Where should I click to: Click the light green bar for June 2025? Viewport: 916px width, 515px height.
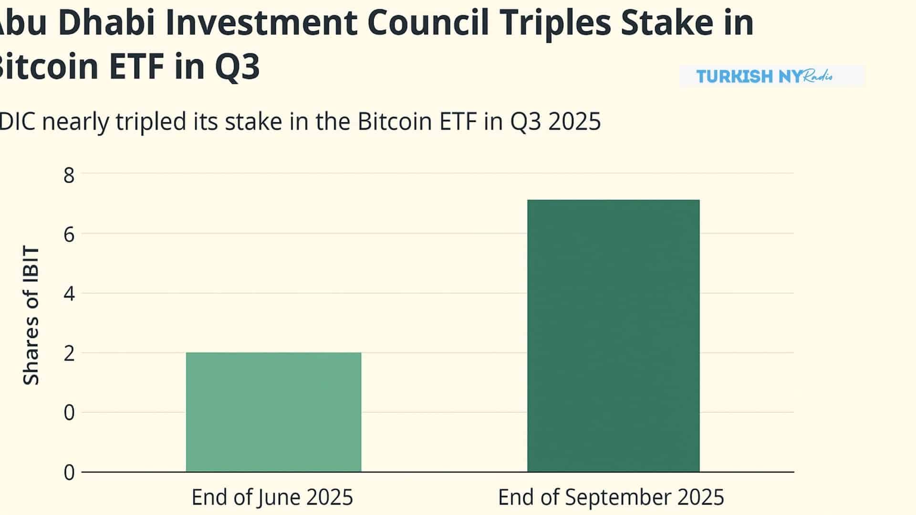[273, 412]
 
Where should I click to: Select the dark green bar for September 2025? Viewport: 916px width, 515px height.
[613, 336]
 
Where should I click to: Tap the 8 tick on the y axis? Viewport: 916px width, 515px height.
[69, 175]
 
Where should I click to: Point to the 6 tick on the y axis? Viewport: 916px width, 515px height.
[69, 234]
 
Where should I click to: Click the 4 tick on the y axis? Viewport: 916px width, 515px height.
[69, 294]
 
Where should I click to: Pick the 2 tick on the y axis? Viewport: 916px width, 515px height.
[69, 353]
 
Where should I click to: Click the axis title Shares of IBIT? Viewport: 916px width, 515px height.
[31, 315]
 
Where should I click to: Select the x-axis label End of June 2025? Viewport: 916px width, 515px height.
[272, 497]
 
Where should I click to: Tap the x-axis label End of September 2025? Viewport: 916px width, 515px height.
[611, 497]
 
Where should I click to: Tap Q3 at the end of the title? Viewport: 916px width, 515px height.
[237, 67]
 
